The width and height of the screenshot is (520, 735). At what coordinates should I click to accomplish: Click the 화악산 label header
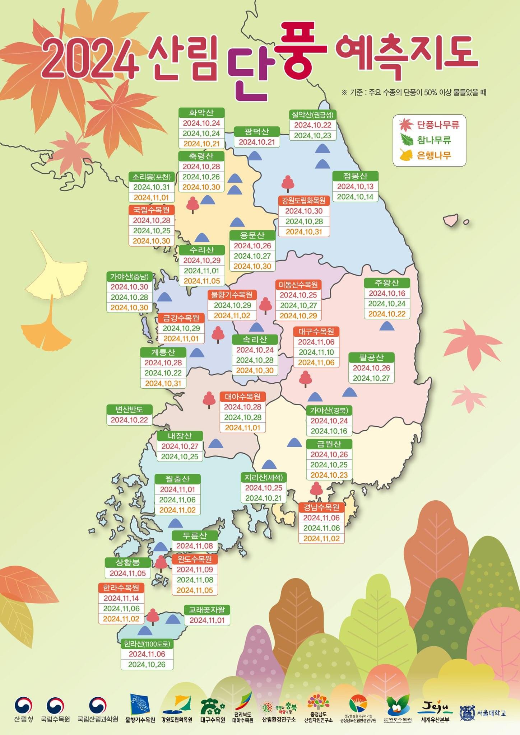click(x=201, y=113)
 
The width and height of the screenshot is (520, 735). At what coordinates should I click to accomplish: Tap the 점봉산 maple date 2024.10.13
click(x=355, y=186)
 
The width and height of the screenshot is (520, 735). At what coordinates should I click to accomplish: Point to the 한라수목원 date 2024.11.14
click(x=121, y=598)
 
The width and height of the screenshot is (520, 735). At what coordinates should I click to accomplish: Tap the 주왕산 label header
click(x=387, y=283)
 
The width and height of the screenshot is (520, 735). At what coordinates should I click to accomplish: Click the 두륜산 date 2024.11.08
click(x=195, y=546)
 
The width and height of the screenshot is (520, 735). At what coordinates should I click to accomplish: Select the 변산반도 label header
click(x=129, y=409)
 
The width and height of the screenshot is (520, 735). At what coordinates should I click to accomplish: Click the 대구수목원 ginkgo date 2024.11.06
click(x=316, y=362)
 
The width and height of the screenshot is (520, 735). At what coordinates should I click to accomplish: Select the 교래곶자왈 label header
click(x=207, y=610)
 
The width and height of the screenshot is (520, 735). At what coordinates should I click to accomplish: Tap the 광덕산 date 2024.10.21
click(x=257, y=142)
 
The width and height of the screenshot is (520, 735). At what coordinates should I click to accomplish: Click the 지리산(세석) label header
click(x=264, y=477)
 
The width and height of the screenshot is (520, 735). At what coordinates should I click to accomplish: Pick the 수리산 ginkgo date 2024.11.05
click(x=201, y=281)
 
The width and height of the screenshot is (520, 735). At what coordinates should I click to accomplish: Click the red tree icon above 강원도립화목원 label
click(x=288, y=184)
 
